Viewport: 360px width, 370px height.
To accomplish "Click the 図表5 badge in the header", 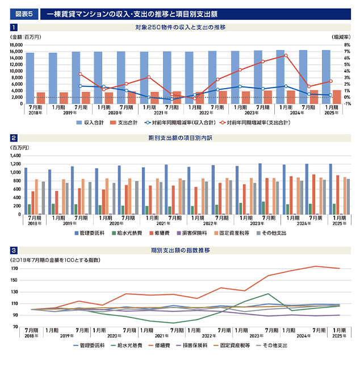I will (24, 12).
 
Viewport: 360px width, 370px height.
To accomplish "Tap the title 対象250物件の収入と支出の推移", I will (181, 27).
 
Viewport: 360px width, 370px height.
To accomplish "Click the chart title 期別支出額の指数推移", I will (181, 250).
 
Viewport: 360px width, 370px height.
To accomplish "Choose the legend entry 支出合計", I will (130, 122).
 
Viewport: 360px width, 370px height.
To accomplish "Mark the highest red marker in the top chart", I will (286, 56).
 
